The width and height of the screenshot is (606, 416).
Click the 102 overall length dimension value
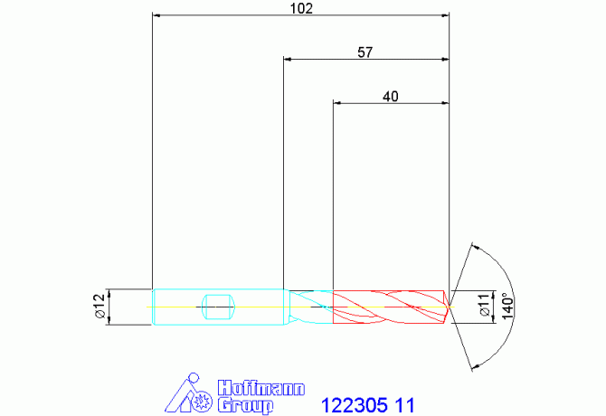pos(301,8)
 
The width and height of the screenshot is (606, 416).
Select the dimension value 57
pos(365,52)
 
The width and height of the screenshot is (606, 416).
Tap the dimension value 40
pos(391,97)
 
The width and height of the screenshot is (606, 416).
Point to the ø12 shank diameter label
pos(99,306)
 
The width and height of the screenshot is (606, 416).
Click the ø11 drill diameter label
pos(485,305)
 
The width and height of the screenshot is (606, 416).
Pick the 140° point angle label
pos(507,307)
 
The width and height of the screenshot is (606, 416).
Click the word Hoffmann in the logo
pos(261,389)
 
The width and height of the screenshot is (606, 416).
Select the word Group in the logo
pos(245,406)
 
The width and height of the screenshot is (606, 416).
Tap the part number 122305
pos(354,405)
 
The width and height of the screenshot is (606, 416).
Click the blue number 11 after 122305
pos(404,405)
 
